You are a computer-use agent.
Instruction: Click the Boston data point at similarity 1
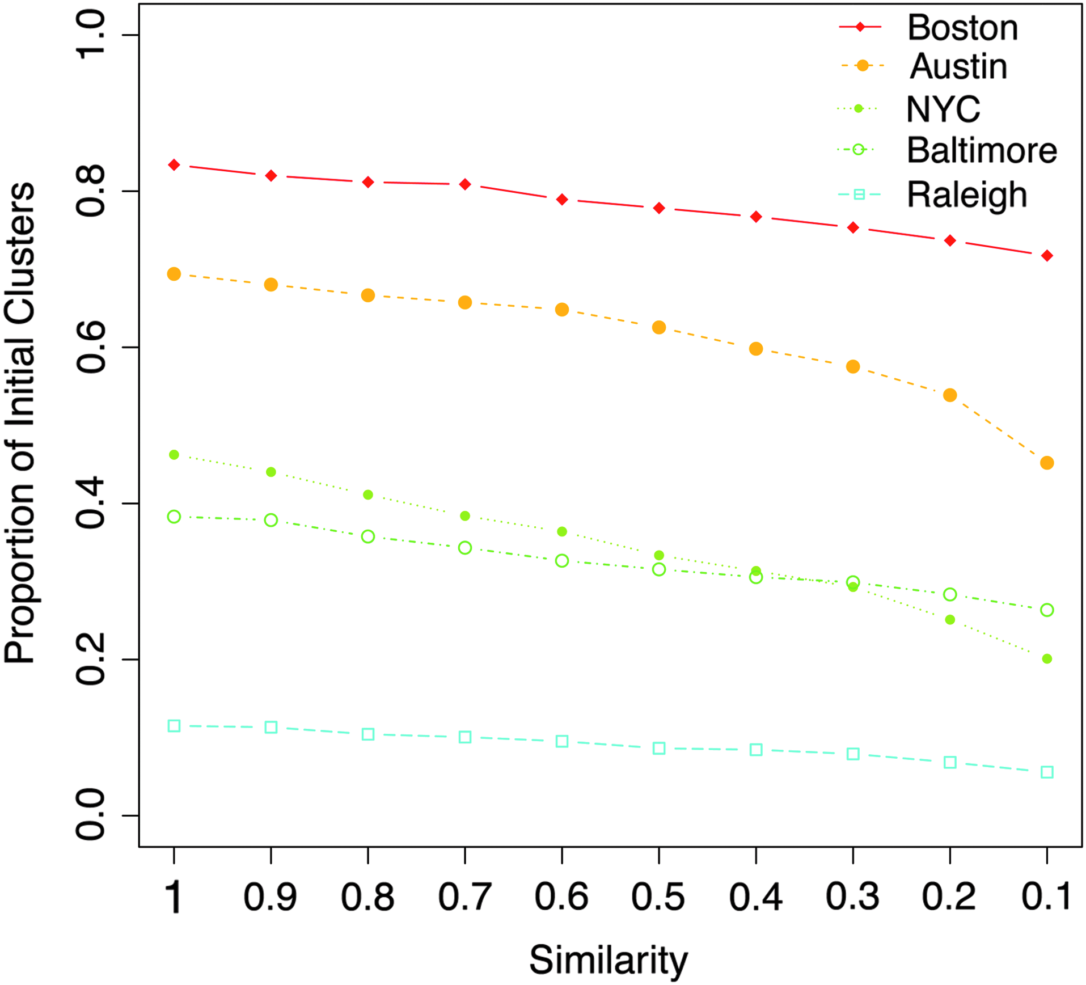[x=174, y=165]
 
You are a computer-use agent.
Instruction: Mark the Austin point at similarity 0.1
[x=1047, y=463]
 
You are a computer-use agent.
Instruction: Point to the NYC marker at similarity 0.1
[x=1047, y=659]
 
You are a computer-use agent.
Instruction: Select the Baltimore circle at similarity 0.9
[x=271, y=520]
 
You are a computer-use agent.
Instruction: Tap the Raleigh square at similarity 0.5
[x=659, y=749]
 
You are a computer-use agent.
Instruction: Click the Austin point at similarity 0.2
[x=950, y=395]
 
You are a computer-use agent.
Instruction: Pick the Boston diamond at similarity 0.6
[x=562, y=200]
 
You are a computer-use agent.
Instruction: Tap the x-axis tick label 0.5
[x=658, y=897]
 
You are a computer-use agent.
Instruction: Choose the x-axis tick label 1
[x=174, y=897]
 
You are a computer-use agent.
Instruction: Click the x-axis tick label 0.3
[x=852, y=897]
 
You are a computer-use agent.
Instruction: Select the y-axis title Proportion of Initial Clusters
[x=20, y=423]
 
